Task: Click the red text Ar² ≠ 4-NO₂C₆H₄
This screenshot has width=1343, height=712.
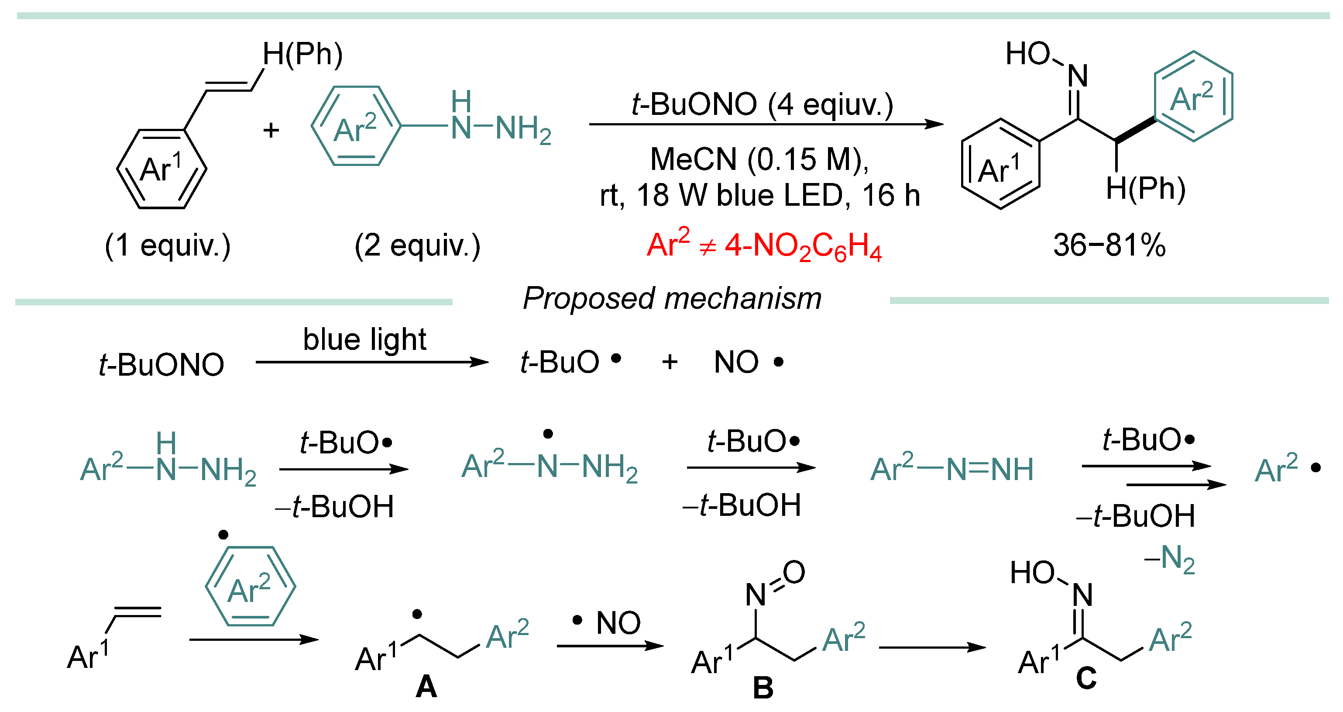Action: pyautogui.click(x=763, y=245)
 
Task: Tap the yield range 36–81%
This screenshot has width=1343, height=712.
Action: pyautogui.click(x=1109, y=245)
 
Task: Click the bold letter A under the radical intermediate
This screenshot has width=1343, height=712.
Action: pyautogui.click(x=426, y=686)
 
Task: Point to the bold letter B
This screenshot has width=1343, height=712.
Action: pyautogui.click(x=763, y=688)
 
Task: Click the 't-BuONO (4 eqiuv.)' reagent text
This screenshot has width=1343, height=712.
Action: pyautogui.click(x=762, y=104)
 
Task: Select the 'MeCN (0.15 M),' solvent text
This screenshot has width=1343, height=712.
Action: pyautogui.click(x=759, y=159)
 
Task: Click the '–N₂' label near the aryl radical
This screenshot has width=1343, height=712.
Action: pyautogui.click(x=1169, y=559)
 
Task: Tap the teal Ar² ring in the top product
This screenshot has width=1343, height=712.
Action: pyautogui.click(x=1193, y=97)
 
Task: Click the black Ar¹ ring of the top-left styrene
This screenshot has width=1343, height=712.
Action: pyautogui.click(x=161, y=169)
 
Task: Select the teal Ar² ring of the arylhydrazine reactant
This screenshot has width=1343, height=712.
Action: pyautogui.click(x=356, y=126)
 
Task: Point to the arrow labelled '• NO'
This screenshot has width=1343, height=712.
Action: pyautogui.click(x=610, y=646)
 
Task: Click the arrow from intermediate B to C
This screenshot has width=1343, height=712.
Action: pyautogui.click(x=932, y=648)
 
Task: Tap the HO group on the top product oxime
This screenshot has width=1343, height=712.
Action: pyautogui.click(x=1027, y=54)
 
